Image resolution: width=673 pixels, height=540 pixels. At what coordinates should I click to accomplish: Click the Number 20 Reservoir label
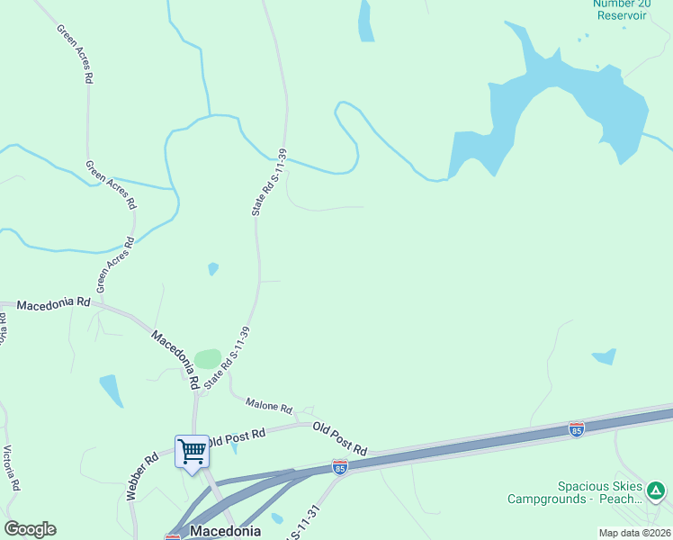620,9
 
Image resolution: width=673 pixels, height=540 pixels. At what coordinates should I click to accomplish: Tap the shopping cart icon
192,450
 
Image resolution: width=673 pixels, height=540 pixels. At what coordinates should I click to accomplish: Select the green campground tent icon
657,491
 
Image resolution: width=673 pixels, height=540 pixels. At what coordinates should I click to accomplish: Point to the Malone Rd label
269,406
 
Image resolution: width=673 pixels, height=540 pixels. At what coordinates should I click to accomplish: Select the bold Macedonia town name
225,531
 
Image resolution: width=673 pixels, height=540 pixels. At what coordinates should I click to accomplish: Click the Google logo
30,529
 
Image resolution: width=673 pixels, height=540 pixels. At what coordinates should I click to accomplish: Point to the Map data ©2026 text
633,533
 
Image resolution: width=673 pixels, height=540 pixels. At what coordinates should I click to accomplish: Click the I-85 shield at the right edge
576,429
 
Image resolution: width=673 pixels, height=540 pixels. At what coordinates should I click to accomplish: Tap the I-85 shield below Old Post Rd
339,466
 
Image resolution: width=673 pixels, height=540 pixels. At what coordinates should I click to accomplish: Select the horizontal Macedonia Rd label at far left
53,304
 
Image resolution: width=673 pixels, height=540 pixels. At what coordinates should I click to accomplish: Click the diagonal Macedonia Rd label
174,354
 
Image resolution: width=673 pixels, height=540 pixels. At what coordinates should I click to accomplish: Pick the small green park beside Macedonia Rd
208,359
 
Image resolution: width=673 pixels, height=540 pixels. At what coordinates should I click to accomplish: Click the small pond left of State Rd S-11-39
213,268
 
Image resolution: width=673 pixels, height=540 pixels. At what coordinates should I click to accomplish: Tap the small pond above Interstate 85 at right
605,356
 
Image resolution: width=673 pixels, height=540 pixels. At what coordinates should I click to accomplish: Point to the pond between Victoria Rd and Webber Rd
112,390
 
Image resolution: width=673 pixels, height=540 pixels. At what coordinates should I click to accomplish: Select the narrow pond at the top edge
365,20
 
